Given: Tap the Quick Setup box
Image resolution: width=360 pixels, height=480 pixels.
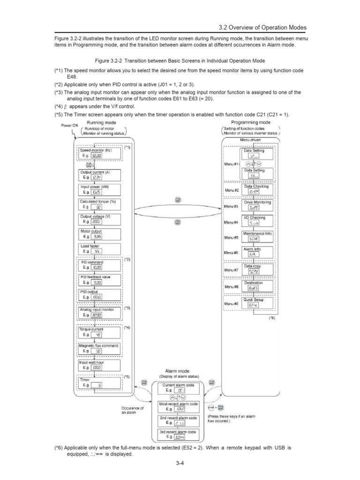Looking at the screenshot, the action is tap(254, 302).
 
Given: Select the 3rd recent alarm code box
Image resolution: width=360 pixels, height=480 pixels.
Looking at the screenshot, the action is tap(178, 435).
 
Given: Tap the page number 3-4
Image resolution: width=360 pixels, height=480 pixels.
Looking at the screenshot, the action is tap(180, 467).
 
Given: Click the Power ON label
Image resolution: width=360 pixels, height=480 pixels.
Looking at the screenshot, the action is tap(69, 126).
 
